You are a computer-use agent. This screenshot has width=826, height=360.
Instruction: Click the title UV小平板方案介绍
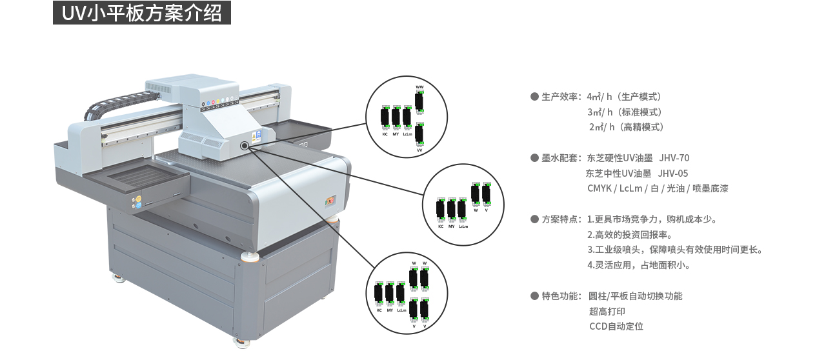pos(142,13)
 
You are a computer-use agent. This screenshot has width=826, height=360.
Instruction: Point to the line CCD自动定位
pos(616,326)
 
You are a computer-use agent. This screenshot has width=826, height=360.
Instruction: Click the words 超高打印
pos(607,311)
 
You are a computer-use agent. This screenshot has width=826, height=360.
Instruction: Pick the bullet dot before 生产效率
pos(534,97)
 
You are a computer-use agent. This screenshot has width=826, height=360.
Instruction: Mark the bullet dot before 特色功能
pos(534,295)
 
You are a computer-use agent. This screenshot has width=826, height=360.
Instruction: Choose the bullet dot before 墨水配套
pos(534,158)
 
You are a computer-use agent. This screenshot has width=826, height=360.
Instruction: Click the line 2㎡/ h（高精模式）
pos(626,127)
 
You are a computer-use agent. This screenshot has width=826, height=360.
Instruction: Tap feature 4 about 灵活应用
pos(639,265)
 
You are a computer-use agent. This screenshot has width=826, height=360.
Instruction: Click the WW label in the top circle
pos(419,87)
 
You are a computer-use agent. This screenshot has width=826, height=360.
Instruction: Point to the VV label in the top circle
pos(419,150)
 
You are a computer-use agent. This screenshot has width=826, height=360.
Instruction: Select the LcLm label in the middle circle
pos(463,226)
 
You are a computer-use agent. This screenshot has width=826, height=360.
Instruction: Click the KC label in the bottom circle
pos(379,310)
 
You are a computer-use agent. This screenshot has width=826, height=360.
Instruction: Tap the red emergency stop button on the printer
pos(332,200)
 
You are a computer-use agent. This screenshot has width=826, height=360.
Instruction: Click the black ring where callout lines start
pos(245,146)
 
